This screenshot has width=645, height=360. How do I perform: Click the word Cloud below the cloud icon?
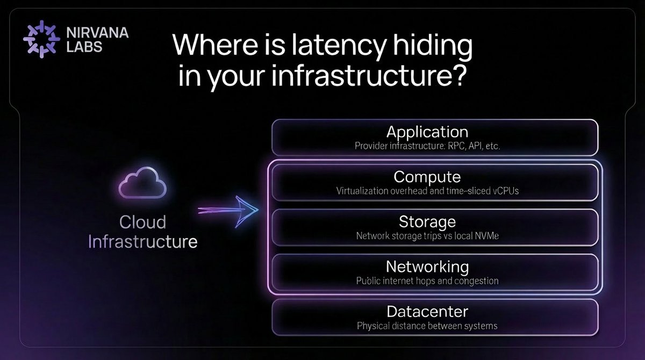click(142, 222)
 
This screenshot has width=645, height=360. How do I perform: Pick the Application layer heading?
click(427, 132)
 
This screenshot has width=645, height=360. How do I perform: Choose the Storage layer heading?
click(427, 221)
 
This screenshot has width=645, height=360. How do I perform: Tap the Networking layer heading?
click(427, 267)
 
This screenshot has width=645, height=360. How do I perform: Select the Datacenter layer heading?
click(427, 311)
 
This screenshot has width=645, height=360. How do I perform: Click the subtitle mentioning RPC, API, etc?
click(427, 146)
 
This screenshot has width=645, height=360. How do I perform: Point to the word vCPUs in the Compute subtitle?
click(505, 191)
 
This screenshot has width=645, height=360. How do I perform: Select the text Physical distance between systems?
click(427, 326)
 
